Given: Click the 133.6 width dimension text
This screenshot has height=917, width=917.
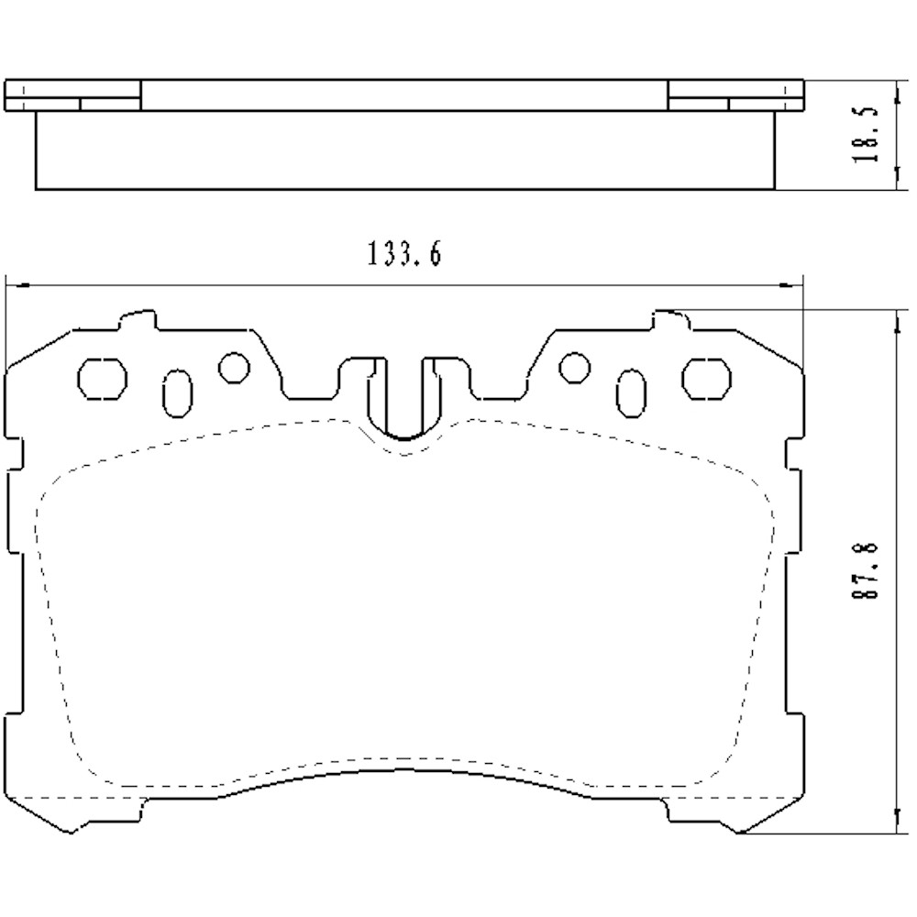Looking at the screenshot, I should pyautogui.click(x=404, y=253).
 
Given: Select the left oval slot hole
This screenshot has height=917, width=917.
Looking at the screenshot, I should pyautogui.click(x=177, y=393).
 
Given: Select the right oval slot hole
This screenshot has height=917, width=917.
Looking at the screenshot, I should pyautogui.click(x=632, y=393).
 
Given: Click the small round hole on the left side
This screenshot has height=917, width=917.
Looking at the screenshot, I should pyautogui.click(x=233, y=367).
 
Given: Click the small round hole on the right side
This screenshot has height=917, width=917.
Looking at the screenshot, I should pyautogui.click(x=575, y=367).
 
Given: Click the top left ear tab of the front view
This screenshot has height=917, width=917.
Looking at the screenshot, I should pyautogui.click(x=138, y=322).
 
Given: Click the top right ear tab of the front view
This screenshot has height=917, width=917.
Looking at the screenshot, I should pyautogui.click(x=670, y=322).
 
